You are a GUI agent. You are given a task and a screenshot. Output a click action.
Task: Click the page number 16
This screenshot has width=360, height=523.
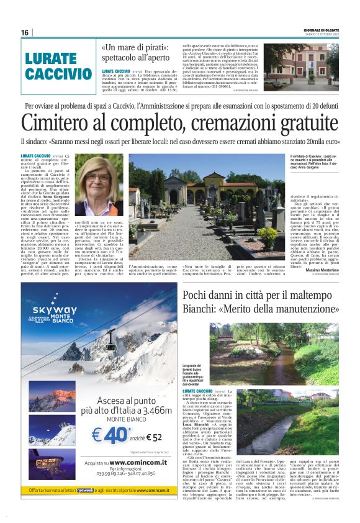click(x=25, y=32)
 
